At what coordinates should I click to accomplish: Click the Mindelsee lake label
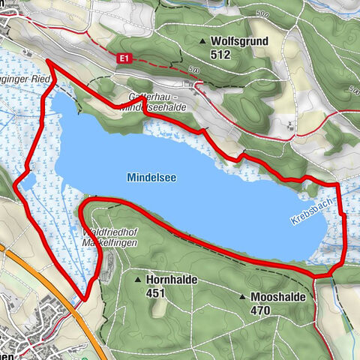pyautogui.click(x=147, y=179)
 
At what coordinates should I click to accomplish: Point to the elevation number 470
pyautogui.click(x=261, y=309)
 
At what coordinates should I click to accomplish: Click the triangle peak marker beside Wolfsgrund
pyautogui.click(x=202, y=41)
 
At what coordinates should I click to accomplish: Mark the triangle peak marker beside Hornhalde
pyautogui.click(x=138, y=280)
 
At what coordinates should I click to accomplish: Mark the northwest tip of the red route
pyautogui.click(x=48, y=60)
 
